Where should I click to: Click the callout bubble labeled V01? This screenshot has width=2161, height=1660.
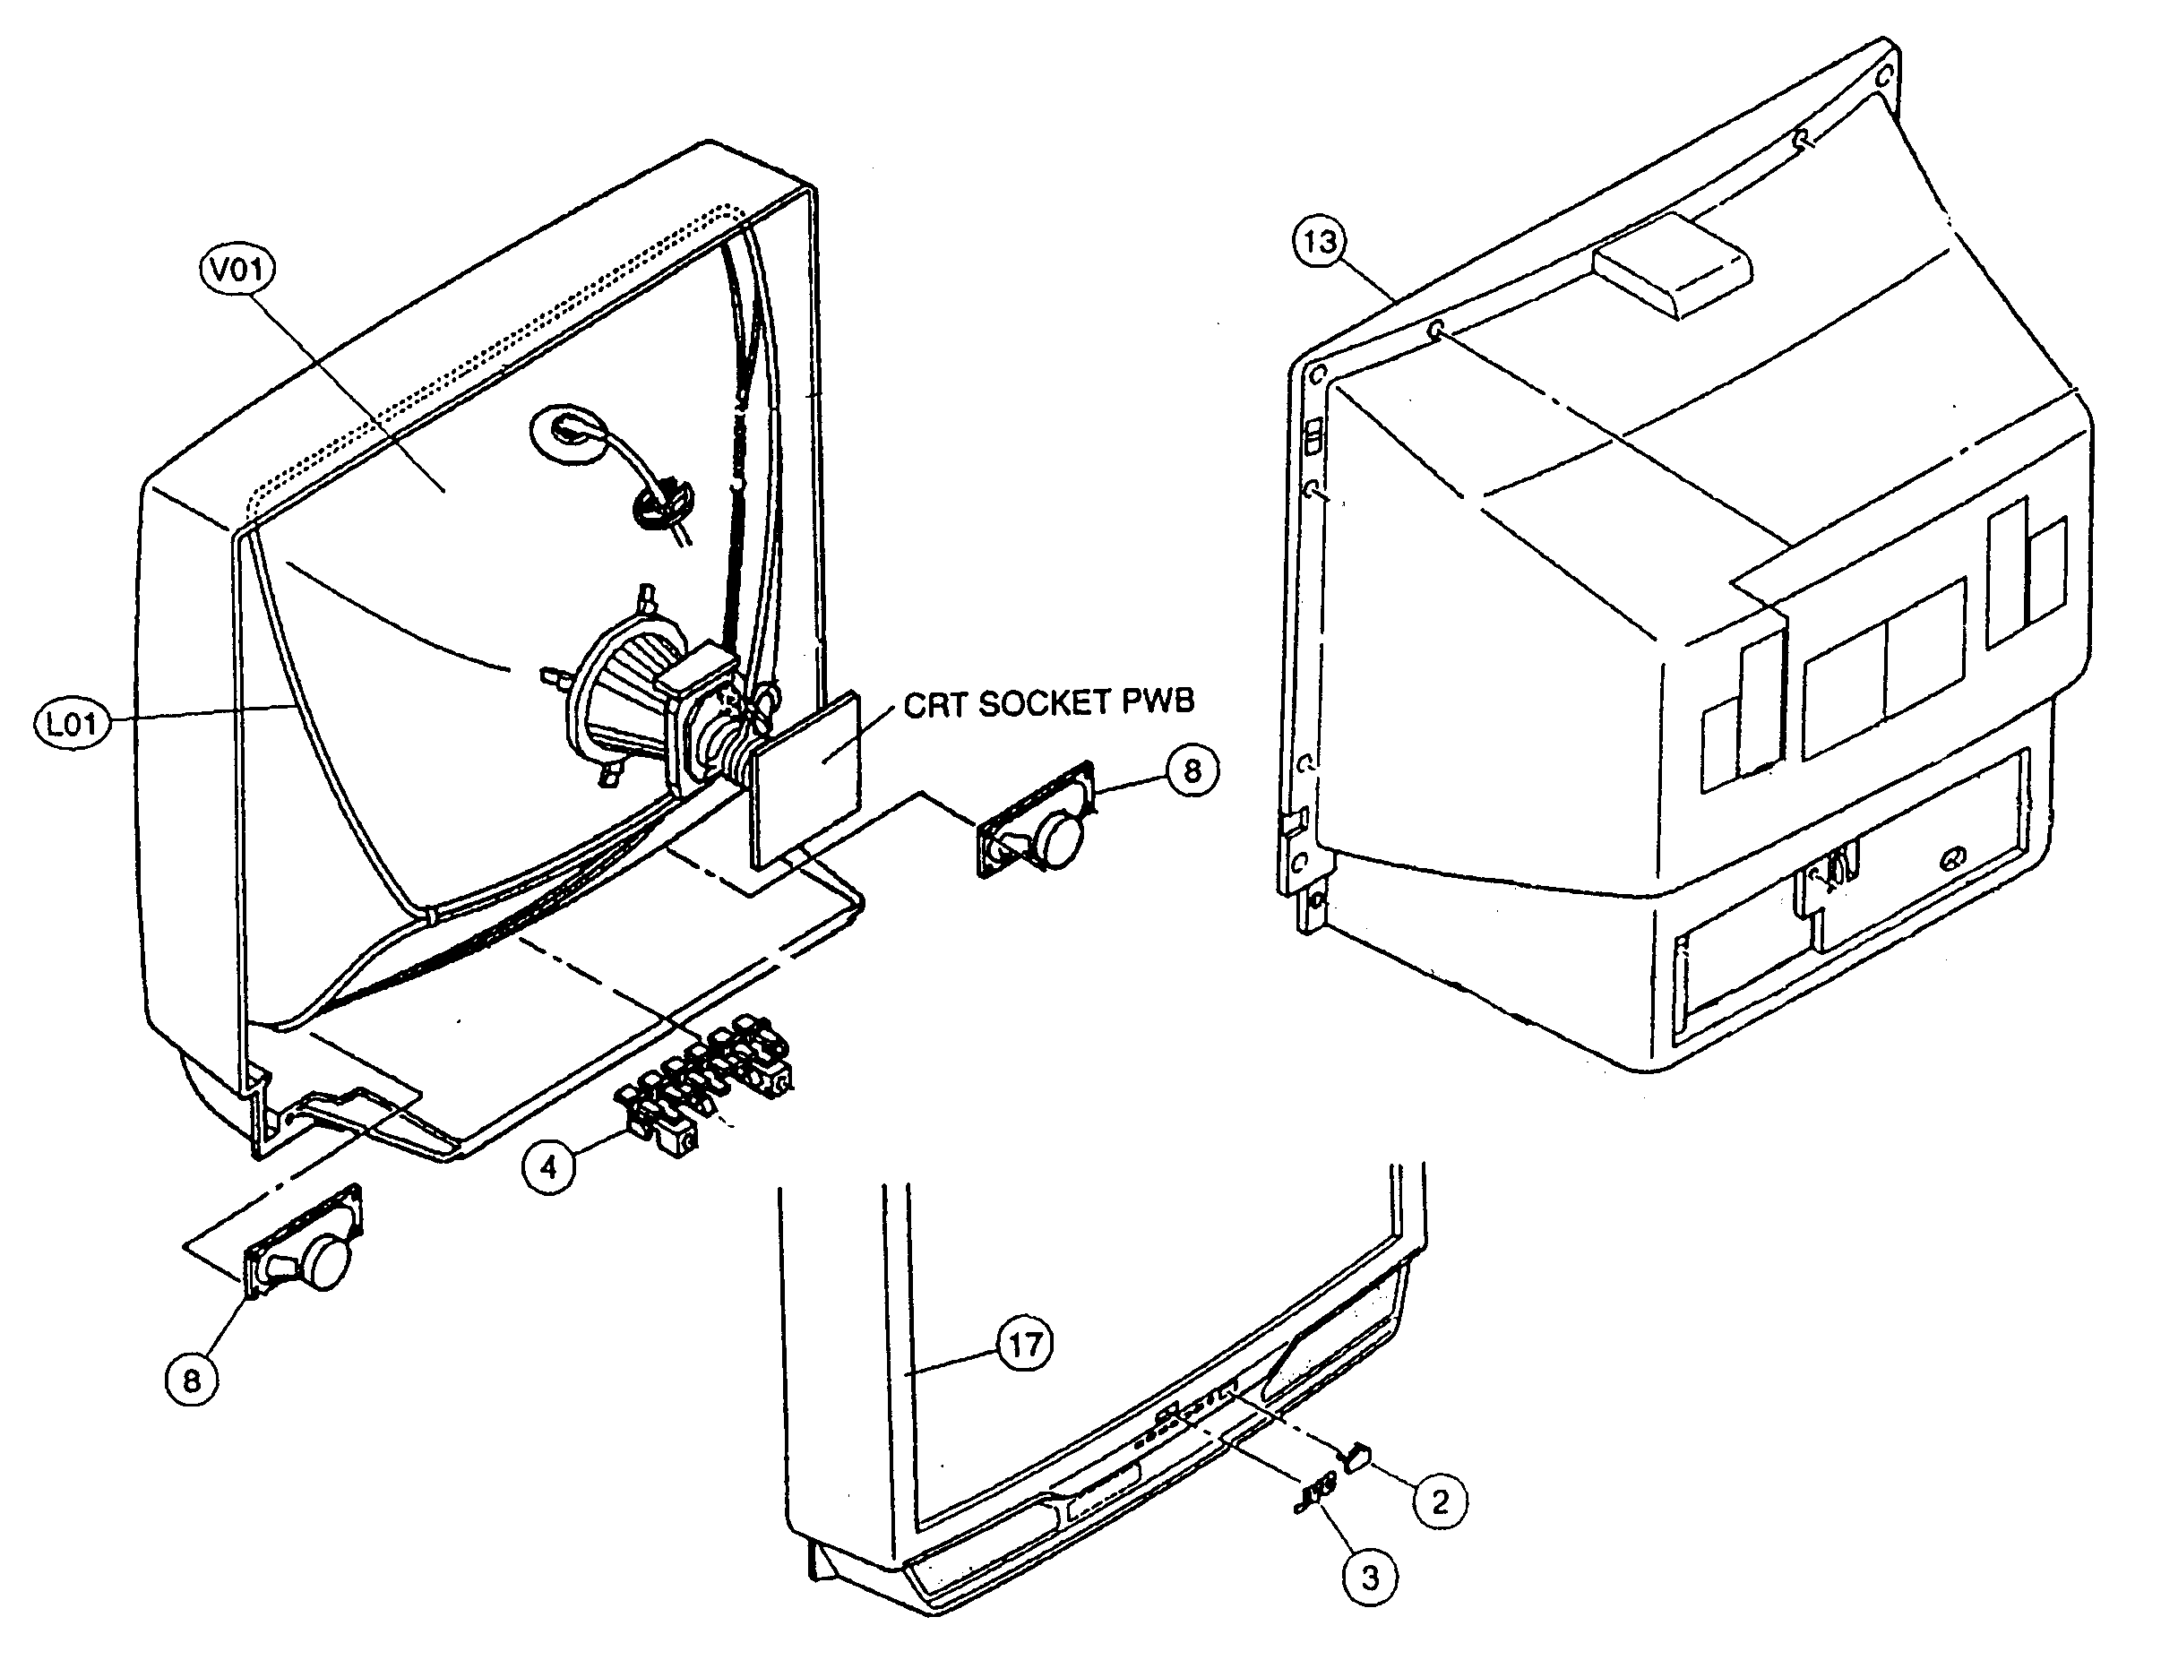[x=237, y=270]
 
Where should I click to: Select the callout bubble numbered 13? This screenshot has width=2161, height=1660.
[x=1320, y=242]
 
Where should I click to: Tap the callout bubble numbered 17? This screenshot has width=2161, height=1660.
[x=1025, y=1344]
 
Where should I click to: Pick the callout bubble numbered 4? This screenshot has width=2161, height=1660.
[x=548, y=1167]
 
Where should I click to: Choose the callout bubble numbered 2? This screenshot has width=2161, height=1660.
[x=1440, y=1502]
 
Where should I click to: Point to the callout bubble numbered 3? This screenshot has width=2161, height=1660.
[x=1370, y=1577]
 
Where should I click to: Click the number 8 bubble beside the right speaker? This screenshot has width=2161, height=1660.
[x=1192, y=770]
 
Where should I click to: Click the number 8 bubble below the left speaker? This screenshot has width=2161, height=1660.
[x=192, y=1380]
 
